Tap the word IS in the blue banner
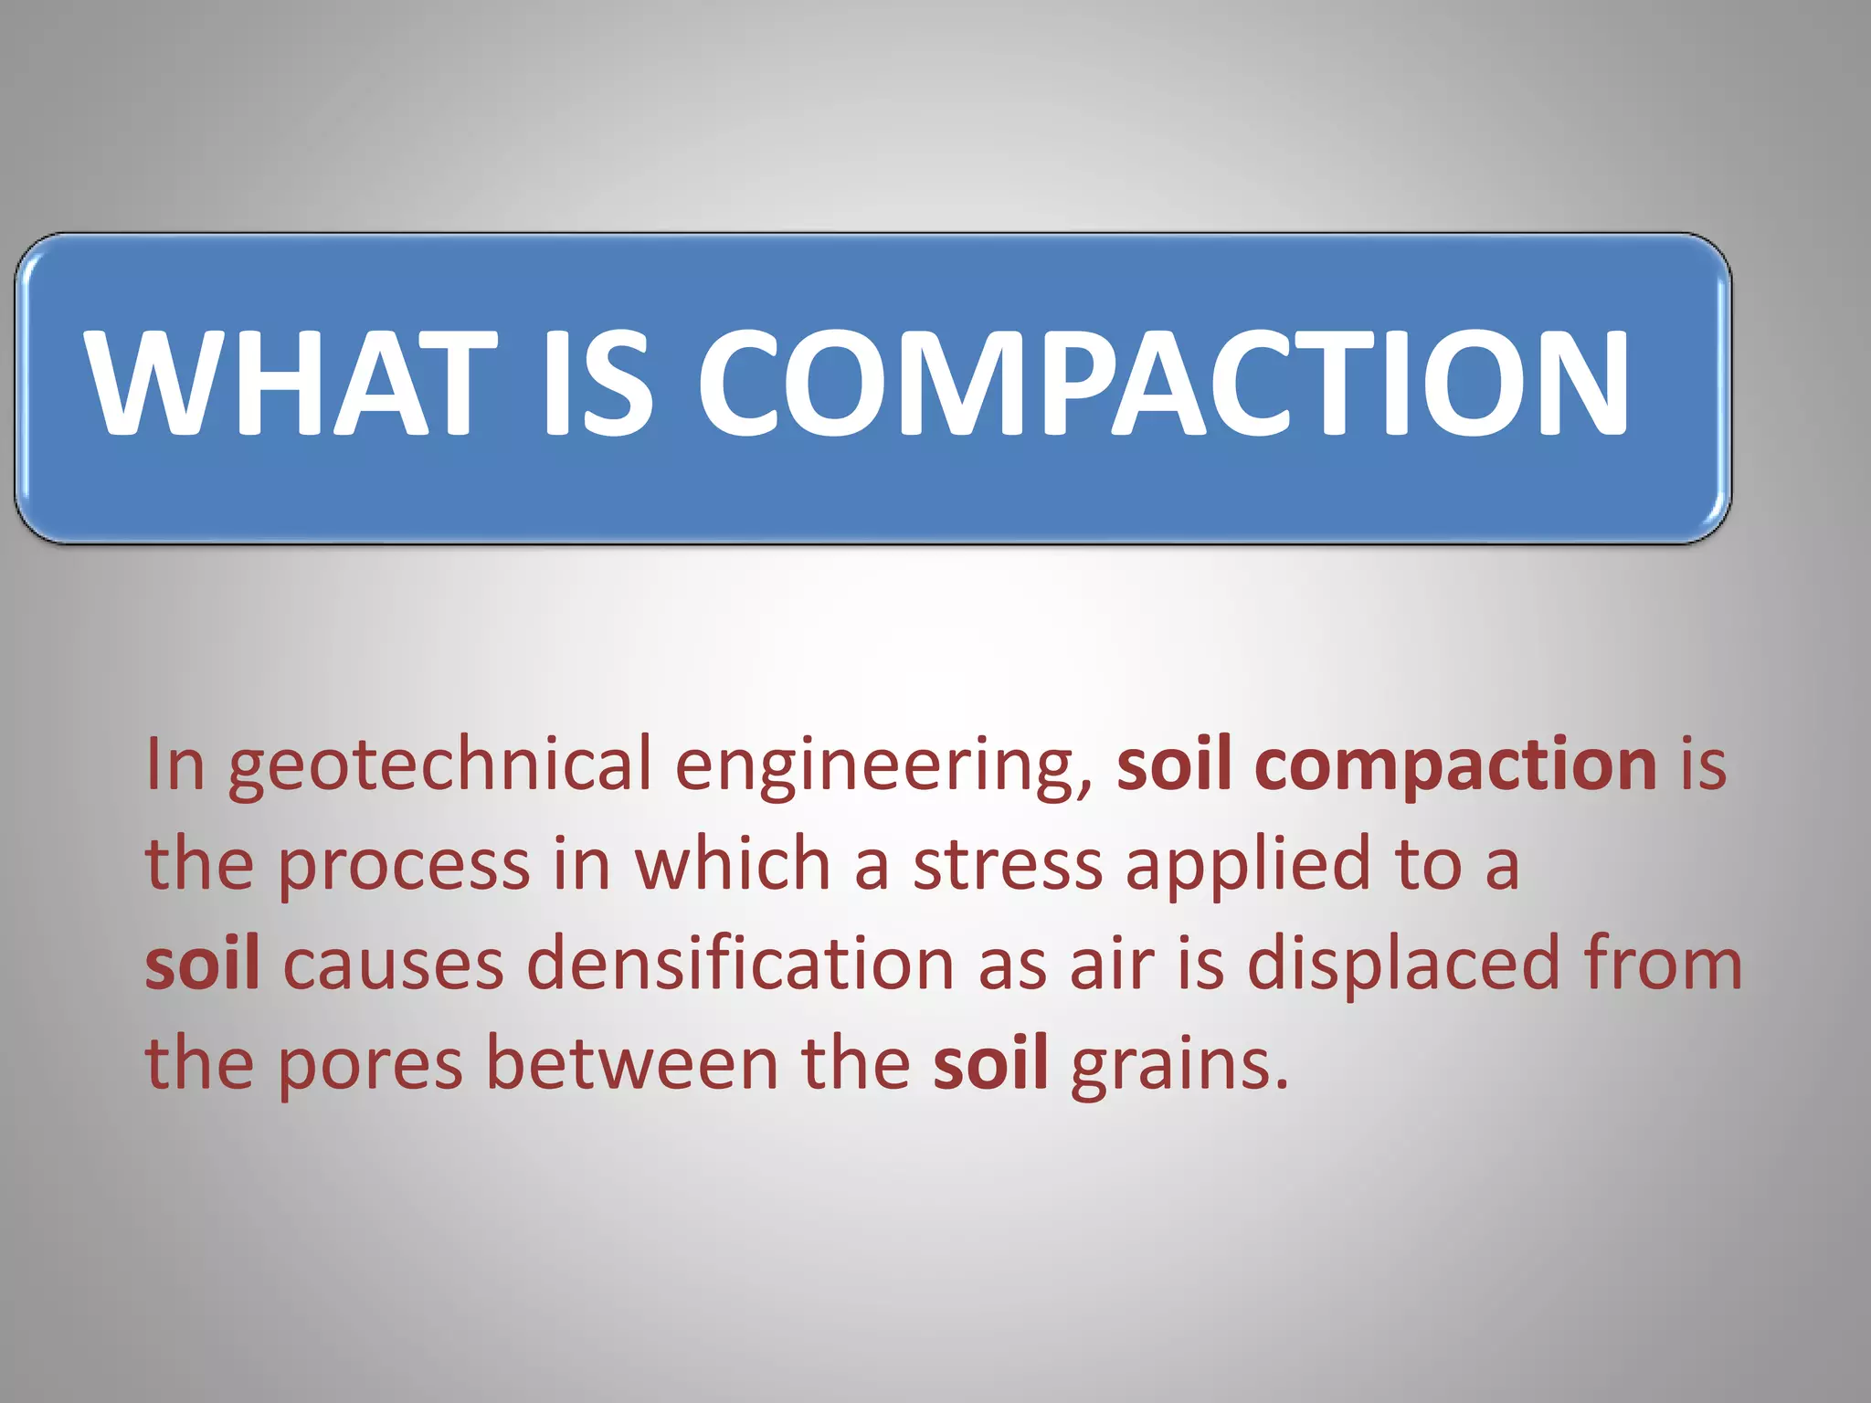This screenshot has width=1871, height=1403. [597, 384]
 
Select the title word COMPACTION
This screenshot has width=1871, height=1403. [1164, 384]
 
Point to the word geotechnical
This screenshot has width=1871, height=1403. [439, 765]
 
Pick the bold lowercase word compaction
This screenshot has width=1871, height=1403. [1460, 765]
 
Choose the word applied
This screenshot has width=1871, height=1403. [1248, 865]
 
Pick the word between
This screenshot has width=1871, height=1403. [631, 1064]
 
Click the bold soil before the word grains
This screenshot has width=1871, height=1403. [990, 1064]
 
